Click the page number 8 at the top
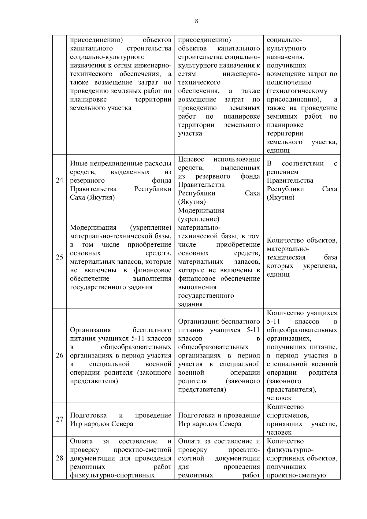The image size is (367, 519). click(196, 21)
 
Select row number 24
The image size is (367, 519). click(59, 180)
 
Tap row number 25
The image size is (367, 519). click(59, 257)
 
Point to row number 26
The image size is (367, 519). click(59, 355)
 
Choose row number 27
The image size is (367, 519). click(59, 419)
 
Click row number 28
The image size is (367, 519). click(59, 458)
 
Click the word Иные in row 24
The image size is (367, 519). click(77, 164)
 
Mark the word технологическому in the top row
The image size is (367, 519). click(297, 91)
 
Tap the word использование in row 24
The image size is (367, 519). click(237, 159)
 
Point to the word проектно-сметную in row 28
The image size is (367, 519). click(296, 475)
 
